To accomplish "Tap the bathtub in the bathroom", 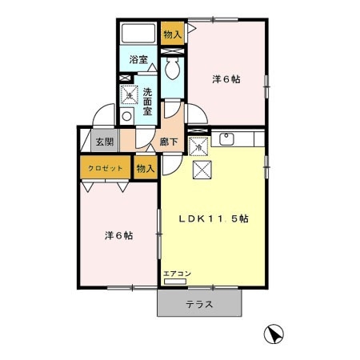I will tap(138, 34).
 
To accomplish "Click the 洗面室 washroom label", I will tap(148, 102).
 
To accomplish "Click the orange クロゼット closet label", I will tap(105, 169).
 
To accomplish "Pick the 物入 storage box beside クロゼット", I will tap(145, 169).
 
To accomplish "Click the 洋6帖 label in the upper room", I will tap(226, 80).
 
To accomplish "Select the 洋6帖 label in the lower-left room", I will tap(118, 236).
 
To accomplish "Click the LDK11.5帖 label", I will tap(213, 218).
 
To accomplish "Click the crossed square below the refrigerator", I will tap(202, 170).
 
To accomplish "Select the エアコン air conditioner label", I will tap(177, 274).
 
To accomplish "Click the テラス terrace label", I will tap(199, 304).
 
